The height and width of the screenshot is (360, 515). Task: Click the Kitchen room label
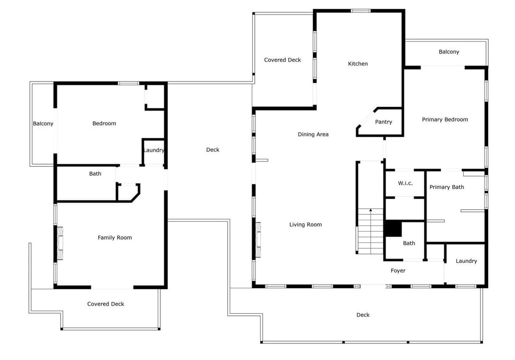click(358, 64)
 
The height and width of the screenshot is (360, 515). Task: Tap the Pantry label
click(383, 122)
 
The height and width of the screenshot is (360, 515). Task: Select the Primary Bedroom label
click(445, 120)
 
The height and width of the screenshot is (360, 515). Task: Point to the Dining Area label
click(313, 134)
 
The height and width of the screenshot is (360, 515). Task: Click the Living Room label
click(305, 225)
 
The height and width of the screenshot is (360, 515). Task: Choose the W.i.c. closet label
click(406, 183)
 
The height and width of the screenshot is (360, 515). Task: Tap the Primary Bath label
click(447, 187)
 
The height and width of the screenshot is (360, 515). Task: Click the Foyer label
click(398, 270)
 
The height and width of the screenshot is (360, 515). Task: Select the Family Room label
click(115, 238)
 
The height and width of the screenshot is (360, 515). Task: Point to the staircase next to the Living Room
click(371, 231)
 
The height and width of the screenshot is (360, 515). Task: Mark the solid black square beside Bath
click(393, 228)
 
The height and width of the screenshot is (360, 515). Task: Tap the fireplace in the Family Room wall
click(60, 243)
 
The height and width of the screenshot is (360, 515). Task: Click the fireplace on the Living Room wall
click(258, 240)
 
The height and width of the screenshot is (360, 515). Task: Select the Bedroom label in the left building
click(104, 123)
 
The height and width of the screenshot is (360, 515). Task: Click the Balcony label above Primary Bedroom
click(448, 52)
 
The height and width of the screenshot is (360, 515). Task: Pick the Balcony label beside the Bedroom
click(43, 124)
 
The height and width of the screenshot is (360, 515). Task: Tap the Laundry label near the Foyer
click(466, 261)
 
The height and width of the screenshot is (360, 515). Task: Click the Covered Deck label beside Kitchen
click(283, 60)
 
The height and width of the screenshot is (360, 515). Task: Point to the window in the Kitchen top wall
click(360, 11)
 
